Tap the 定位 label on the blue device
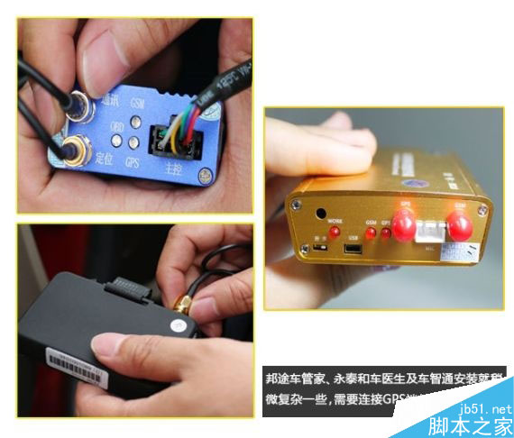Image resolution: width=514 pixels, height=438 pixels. click(x=106, y=159)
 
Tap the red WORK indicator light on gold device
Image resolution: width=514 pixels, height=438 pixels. click(x=334, y=232)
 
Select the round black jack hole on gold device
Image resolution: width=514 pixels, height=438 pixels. click(x=320, y=214)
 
